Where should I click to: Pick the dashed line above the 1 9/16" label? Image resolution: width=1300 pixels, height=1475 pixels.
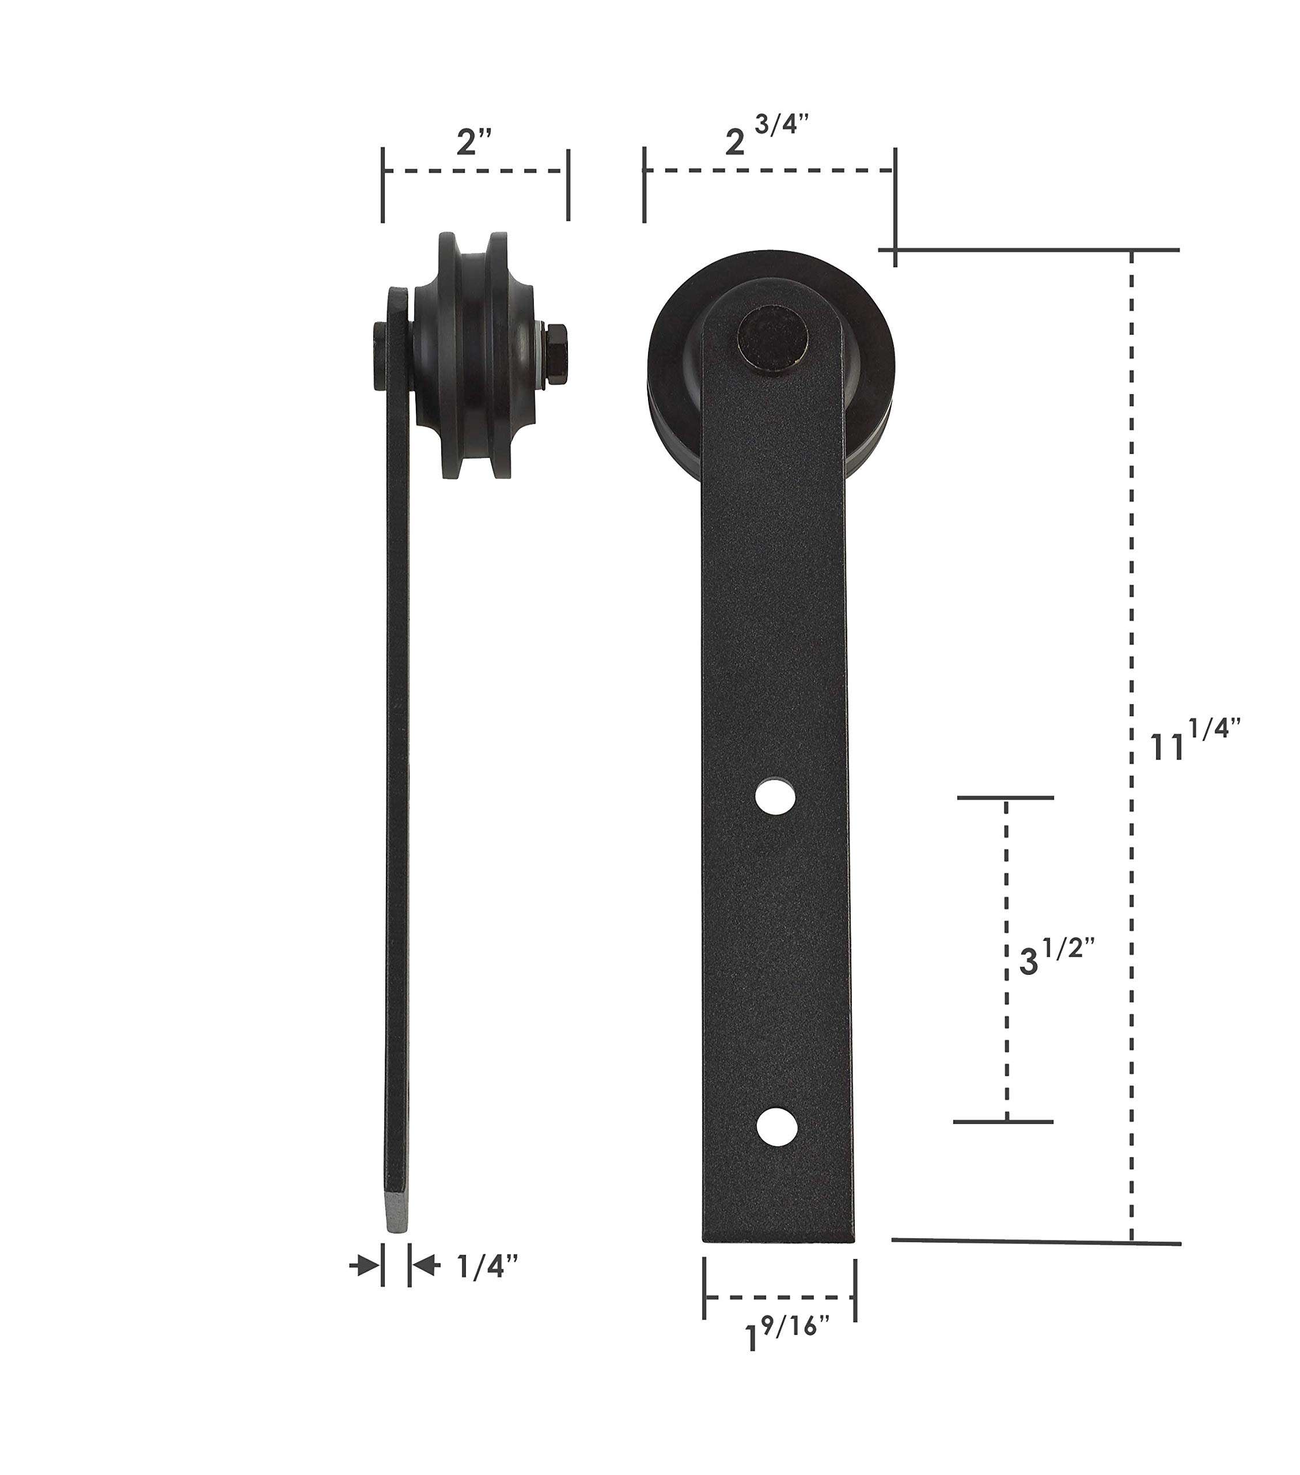coord(779,1297)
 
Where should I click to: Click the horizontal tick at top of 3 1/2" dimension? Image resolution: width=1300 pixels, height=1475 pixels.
coord(1005,797)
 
